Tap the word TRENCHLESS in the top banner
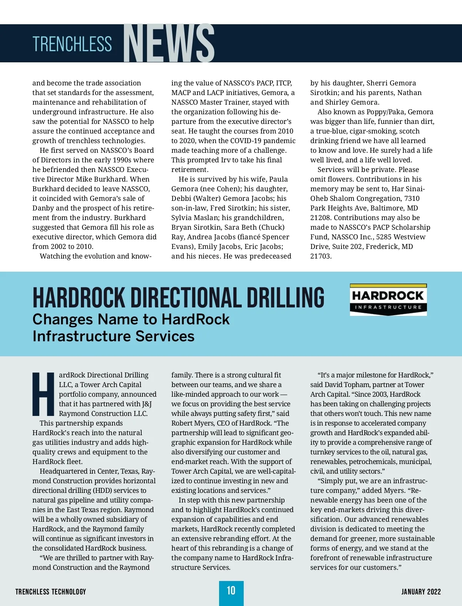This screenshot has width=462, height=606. tap(72, 44)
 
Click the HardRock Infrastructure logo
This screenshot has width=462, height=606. tap(388, 300)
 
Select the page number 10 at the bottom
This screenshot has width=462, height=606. tap(231, 591)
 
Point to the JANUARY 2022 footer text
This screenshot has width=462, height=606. tap(421, 592)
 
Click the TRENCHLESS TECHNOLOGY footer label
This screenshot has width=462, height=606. tap(51, 592)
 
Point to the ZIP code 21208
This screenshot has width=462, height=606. tap(321, 218)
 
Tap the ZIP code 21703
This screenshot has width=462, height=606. tap(321, 256)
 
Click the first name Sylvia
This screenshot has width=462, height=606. tap(182, 218)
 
